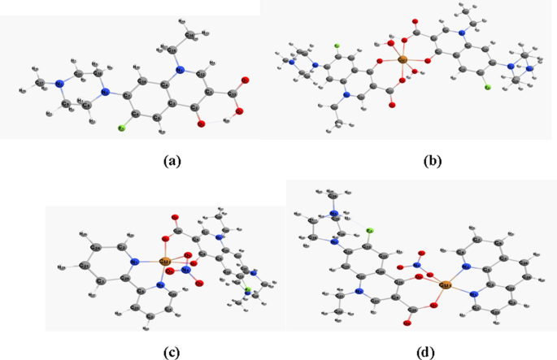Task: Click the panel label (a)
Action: tap(171, 161)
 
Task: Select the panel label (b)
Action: tap(433, 161)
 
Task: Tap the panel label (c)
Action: tap(171, 351)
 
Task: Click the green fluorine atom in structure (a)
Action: tap(120, 128)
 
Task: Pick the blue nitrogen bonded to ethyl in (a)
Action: tap(181, 70)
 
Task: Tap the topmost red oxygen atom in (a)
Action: tap(245, 80)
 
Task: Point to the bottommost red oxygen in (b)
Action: tap(391, 105)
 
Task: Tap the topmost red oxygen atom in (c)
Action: tap(174, 218)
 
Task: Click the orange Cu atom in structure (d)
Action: tap(444, 285)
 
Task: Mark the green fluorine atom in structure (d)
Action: tap(368, 231)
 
